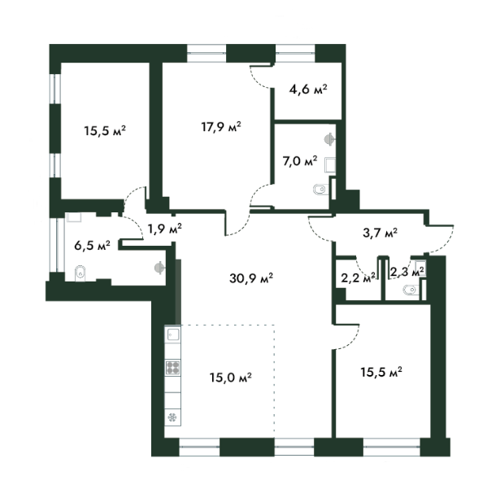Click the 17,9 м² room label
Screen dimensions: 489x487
[222, 126]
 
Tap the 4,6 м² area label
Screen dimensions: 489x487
[308, 89]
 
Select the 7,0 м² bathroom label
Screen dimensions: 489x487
[299, 161]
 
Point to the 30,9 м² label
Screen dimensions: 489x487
[251, 277]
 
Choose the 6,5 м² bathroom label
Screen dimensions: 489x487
[92, 243]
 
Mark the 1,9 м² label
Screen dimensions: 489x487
[163, 228]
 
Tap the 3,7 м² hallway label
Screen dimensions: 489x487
[379, 233]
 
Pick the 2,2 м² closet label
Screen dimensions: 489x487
[359, 277]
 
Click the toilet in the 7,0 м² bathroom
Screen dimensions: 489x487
[318, 190]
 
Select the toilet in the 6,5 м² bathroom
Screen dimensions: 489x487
[80, 273]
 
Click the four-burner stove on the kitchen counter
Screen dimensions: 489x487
[173, 368]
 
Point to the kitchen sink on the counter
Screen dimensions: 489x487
[172, 334]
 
